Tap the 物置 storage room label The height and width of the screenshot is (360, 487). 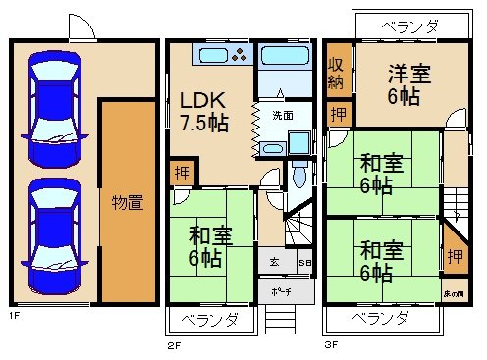(127, 203)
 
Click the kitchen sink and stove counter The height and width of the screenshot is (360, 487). (225, 54)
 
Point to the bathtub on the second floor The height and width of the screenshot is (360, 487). (287, 67)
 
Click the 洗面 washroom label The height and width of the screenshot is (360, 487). (281, 114)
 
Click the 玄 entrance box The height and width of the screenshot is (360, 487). (274, 263)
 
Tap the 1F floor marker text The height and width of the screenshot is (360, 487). (15, 315)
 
